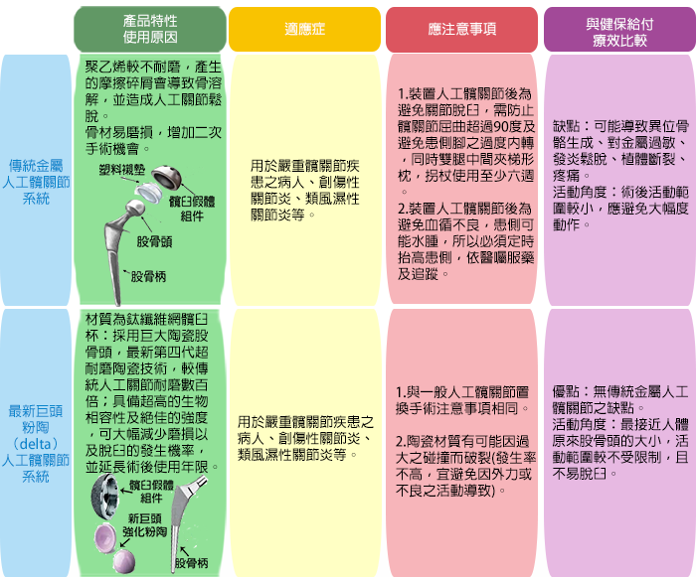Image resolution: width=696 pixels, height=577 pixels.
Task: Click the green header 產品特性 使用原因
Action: (x=150, y=29)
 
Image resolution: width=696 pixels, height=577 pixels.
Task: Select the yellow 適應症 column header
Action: (x=305, y=29)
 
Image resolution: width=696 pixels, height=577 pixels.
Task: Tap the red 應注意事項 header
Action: (x=461, y=29)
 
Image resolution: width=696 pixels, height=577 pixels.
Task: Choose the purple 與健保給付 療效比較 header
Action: (x=619, y=29)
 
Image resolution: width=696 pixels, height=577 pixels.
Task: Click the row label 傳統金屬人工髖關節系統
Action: (x=36, y=182)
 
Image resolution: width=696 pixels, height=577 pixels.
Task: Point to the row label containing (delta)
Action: (x=36, y=444)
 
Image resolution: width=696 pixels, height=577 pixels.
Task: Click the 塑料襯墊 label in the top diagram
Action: (x=122, y=170)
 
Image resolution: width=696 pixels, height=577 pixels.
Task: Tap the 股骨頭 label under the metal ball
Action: (x=154, y=241)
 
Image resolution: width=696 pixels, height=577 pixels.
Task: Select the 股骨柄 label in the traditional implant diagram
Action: (x=148, y=277)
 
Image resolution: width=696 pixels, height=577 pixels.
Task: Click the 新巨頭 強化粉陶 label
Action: (x=145, y=525)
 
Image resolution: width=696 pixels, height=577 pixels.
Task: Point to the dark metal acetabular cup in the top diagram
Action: (x=167, y=177)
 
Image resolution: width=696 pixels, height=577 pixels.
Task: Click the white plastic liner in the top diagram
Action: (x=149, y=193)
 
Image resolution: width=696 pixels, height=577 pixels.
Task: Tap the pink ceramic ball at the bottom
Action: (x=124, y=561)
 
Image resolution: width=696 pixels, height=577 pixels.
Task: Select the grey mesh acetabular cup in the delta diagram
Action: (x=104, y=494)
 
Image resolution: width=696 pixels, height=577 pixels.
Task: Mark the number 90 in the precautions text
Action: (x=501, y=127)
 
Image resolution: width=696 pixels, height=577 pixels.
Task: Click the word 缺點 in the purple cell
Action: (x=567, y=126)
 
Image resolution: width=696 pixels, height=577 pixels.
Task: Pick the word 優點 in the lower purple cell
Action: (x=566, y=391)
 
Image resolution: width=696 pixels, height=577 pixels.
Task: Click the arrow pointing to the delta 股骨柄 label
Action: (x=184, y=551)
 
